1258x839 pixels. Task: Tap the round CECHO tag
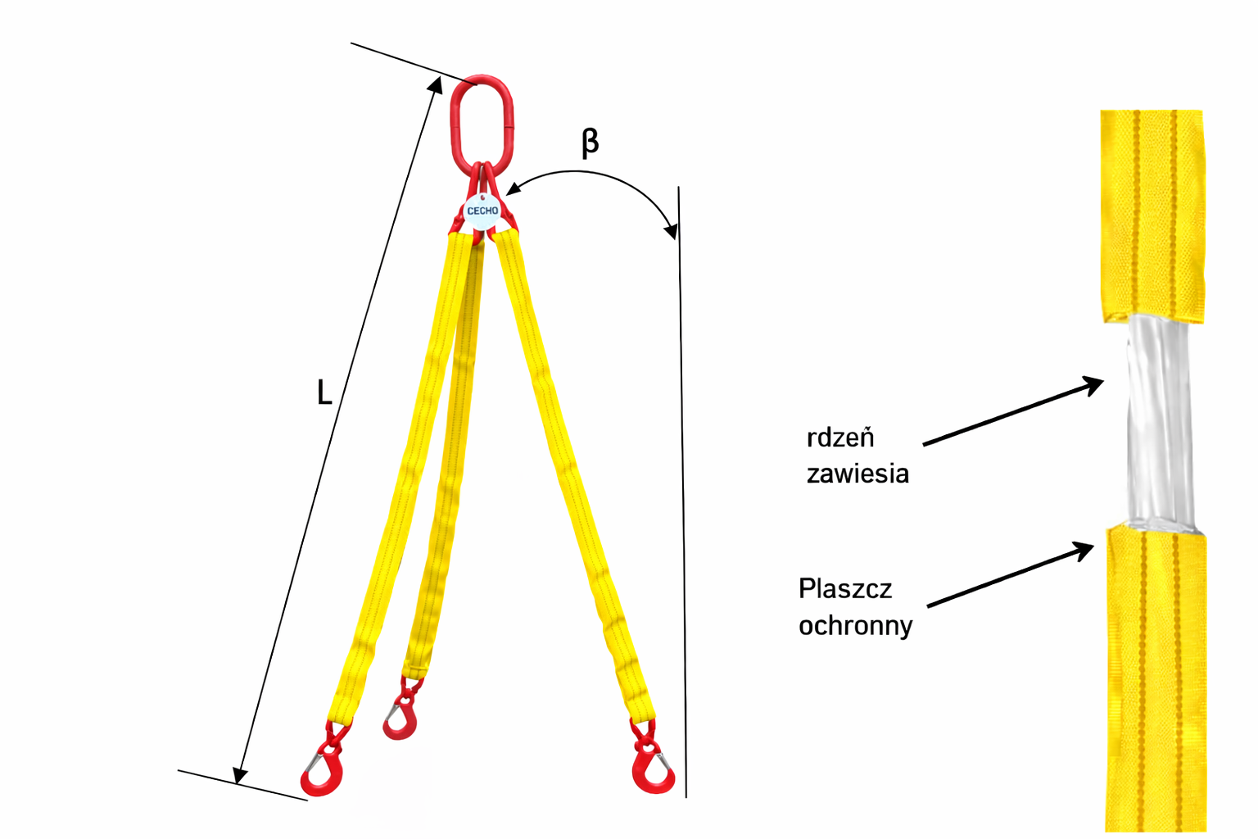point(482,211)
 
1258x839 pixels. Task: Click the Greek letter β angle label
point(590,142)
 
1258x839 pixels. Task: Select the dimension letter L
point(324,393)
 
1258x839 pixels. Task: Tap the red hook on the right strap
point(653,770)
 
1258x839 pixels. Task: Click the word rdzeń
point(840,438)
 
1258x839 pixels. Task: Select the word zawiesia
point(858,474)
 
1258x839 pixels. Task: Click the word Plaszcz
point(844,589)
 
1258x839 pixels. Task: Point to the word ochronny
point(855,626)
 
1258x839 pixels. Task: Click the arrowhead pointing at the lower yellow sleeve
point(1086,547)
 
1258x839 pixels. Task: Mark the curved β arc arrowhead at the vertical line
point(672,229)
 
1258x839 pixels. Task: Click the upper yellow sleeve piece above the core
point(1153,213)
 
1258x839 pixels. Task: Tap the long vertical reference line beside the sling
point(682,492)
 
